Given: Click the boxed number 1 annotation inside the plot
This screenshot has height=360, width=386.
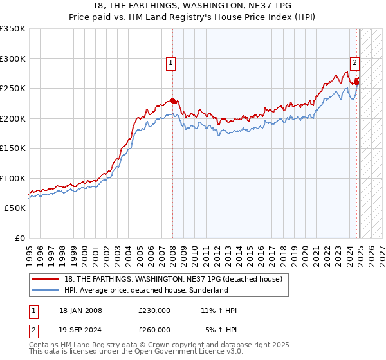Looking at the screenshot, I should click(x=171, y=63).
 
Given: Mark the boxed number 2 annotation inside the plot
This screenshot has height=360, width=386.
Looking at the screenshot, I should click(x=354, y=63).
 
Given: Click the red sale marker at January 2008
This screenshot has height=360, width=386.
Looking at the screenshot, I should click(x=172, y=101).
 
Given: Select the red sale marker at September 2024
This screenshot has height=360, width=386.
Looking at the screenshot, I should click(x=356, y=82).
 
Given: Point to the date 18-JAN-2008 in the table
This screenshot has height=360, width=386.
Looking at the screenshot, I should click(x=80, y=311).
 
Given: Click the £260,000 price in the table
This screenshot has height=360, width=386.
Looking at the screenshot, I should click(x=154, y=329).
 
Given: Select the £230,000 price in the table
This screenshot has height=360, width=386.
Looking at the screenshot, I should click(x=154, y=311).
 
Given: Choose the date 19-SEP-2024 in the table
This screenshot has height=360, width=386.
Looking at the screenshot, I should click(x=80, y=329).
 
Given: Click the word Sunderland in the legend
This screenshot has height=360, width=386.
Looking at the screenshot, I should click(x=208, y=290).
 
